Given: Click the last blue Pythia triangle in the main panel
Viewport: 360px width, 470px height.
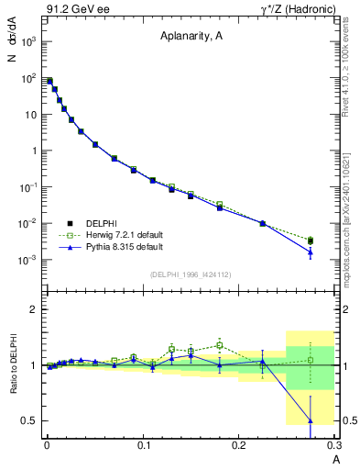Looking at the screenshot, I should (310, 252).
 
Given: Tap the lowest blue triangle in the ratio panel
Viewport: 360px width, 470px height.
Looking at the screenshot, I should (310, 420).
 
